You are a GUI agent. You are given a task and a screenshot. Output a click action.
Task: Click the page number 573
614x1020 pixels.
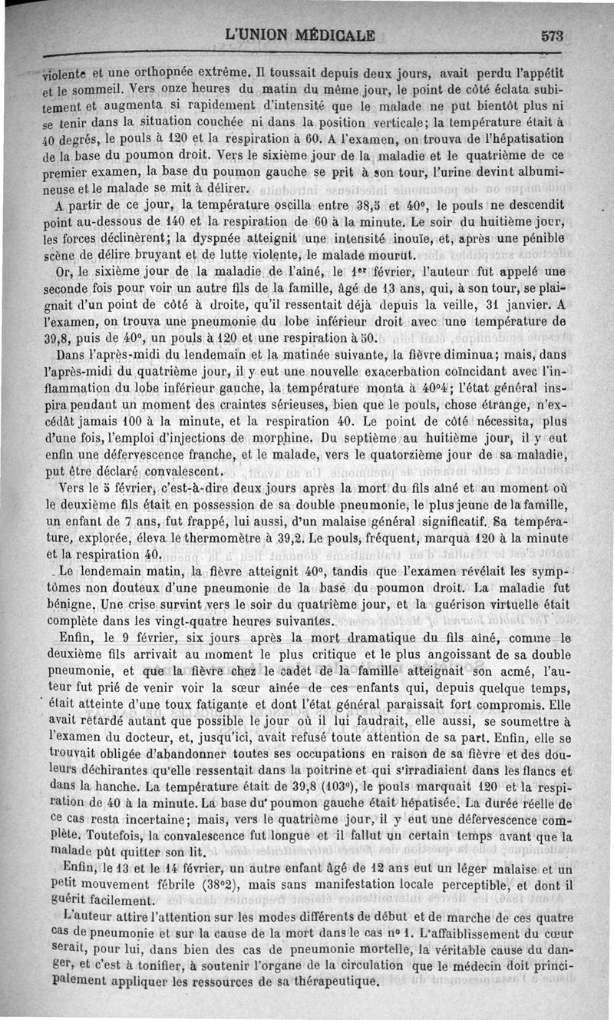pyautogui.click(x=552, y=35)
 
